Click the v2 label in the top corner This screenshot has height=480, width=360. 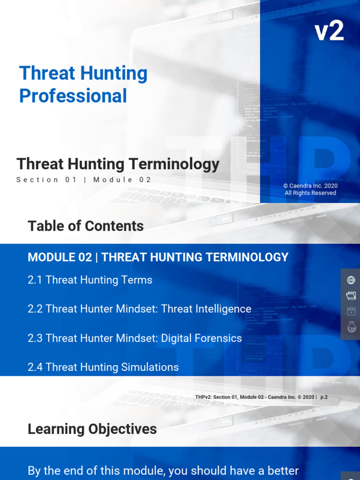pyautogui.click(x=329, y=32)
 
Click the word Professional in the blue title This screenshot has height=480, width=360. pyautogui.click(x=73, y=96)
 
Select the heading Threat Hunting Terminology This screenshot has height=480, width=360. pyautogui.click(x=118, y=164)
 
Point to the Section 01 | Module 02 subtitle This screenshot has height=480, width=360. pyautogui.click(x=84, y=180)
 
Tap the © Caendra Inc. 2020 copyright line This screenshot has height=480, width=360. pyautogui.click(x=310, y=186)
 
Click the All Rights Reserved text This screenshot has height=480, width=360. pyautogui.click(x=310, y=193)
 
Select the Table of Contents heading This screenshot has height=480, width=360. pyautogui.click(x=86, y=226)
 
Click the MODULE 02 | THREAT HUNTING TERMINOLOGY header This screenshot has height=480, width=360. pyautogui.click(x=158, y=257)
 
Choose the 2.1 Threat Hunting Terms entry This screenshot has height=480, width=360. pyautogui.click(x=90, y=280)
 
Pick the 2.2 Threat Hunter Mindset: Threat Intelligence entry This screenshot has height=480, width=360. pyautogui.click(x=139, y=309)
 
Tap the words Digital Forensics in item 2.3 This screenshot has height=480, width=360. pyautogui.click(x=202, y=338)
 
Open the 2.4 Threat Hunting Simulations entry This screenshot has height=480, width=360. pyautogui.click(x=103, y=367)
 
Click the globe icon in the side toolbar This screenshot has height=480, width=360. pyautogui.click(x=351, y=280)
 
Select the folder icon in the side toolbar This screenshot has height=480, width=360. pyautogui.click(x=351, y=296)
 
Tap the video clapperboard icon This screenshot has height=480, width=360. pyautogui.click(x=351, y=311)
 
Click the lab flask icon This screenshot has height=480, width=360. pyautogui.click(x=351, y=327)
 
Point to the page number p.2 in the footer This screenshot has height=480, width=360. pyautogui.click(x=324, y=397)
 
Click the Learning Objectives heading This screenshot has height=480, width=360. pyautogui.click(x=92, y=429)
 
